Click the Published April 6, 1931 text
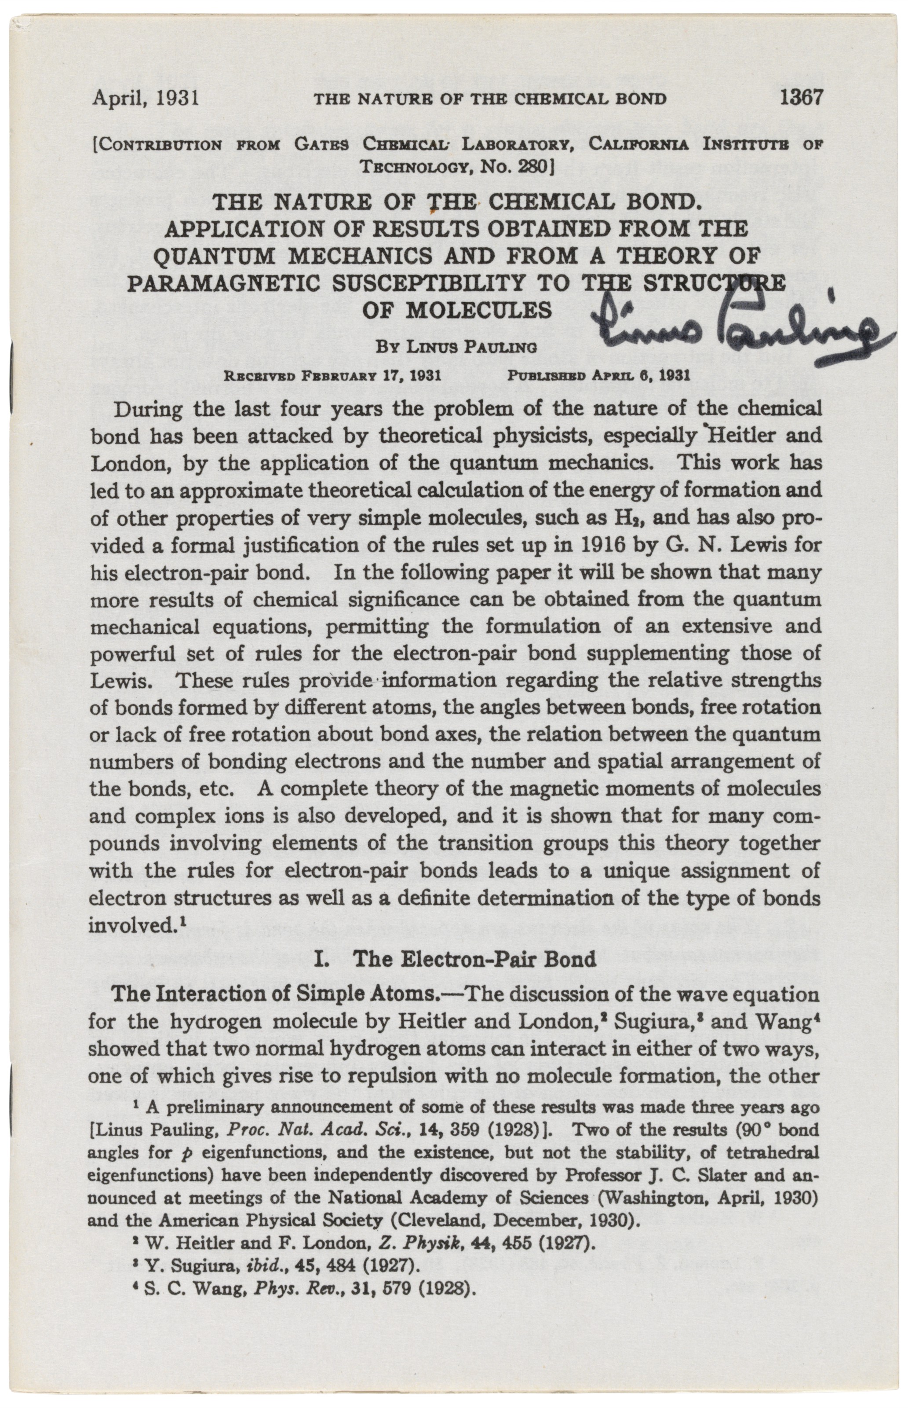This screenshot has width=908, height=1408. point(598,374)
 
